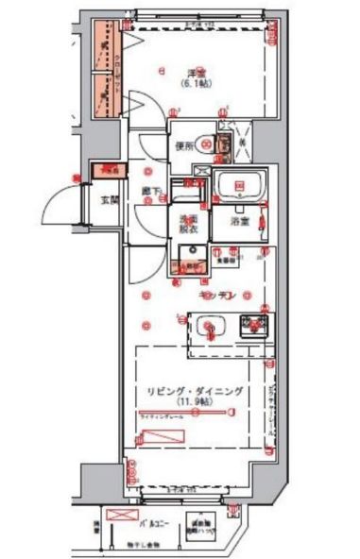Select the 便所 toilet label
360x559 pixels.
point(183,147)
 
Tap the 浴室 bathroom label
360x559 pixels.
point(240,223)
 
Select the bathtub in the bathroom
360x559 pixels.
point(239,186)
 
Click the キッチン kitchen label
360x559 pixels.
point(216,296)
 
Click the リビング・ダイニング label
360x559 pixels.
point(195,390)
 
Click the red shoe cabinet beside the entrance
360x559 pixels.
point(111,170)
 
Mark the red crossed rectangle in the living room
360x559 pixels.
point(161,437)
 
